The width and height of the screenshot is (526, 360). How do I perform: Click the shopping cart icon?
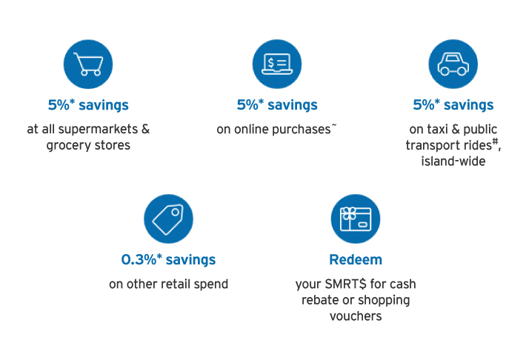click(x=89, y=64)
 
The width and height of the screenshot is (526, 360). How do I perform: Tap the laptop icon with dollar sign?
click(x=277, y=64)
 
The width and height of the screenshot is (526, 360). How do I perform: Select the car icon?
click(x=453, y=64)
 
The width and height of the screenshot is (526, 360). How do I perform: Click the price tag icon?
click(x=168, y=219)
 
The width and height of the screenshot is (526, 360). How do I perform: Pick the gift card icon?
click(x=356, y=219)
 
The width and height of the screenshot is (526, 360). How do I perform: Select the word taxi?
click(x=438, y=129)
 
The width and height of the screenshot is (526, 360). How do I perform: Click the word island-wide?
click(x=453, y=161)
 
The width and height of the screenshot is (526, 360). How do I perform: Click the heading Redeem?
click(x=356, y=260)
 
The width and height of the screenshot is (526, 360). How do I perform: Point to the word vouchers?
click(x=356, y=316)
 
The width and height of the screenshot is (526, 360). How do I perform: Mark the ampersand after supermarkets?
click(x=146, y=129)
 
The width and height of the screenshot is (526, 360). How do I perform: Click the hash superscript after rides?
click(x=495, y=142)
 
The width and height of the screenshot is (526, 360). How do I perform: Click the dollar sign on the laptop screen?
click(x=271, y=63)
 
